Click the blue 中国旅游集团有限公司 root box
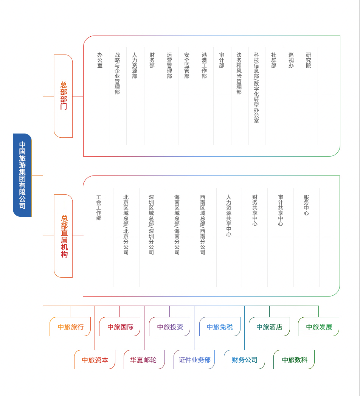[x=22, y=175]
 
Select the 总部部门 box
[x=63, y=96]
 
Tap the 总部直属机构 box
[x=64, y=236]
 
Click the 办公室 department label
[x=100, y=60]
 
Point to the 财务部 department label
[x=152, y=60]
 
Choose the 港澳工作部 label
[x=204, y=65]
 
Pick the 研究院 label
[x=309, y=60]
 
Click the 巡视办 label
[x=291, y=60]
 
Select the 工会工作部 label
[x=99, y=208]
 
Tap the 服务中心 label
[x=306, y=205]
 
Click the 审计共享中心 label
[x=281, y=210]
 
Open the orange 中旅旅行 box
[x=70, y=327]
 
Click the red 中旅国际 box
[x=120, y=327]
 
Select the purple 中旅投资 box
[x=170, y=327]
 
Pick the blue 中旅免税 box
[x=220, y=327]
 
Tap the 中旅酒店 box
[x=269, y=327]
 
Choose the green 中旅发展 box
[x=318, y=327]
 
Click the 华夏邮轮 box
[x=144, y=360]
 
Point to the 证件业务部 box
[x=194, y=360]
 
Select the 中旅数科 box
[x=294, y=360]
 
